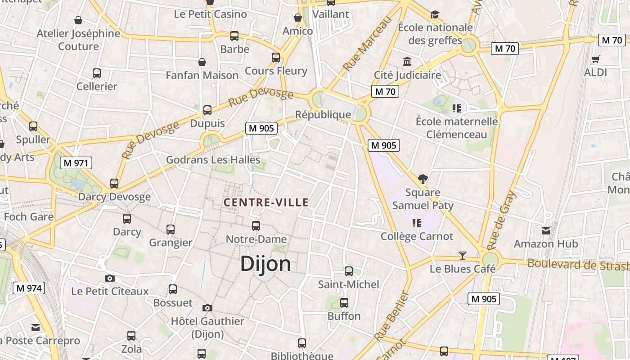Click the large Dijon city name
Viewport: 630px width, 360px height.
click(265, 264)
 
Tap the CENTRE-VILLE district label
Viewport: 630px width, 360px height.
click(266, 202)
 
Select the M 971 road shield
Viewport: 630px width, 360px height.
click(76, 163)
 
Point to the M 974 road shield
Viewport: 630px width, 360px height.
click(29, 288)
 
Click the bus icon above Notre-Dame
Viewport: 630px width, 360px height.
click(256, 226)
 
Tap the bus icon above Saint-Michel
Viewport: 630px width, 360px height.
click(349, 271)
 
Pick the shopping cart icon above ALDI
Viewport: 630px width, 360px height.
click(595, 59)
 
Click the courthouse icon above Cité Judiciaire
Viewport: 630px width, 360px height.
click(407, 61)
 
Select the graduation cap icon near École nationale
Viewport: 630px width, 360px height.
click(435, 15)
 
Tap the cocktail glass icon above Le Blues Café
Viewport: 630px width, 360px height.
click(462, 256)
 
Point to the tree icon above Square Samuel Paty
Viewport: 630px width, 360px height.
click(423, 179)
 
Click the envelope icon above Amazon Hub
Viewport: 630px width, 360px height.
click(546, 231)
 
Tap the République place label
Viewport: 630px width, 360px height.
click(323, 115)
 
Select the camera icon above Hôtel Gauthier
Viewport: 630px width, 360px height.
click(207, 308)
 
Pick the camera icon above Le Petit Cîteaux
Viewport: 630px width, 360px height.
click(110, 279)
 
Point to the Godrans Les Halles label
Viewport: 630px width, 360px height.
click(213, 160)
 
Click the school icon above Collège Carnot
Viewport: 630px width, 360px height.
click(416, 223)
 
